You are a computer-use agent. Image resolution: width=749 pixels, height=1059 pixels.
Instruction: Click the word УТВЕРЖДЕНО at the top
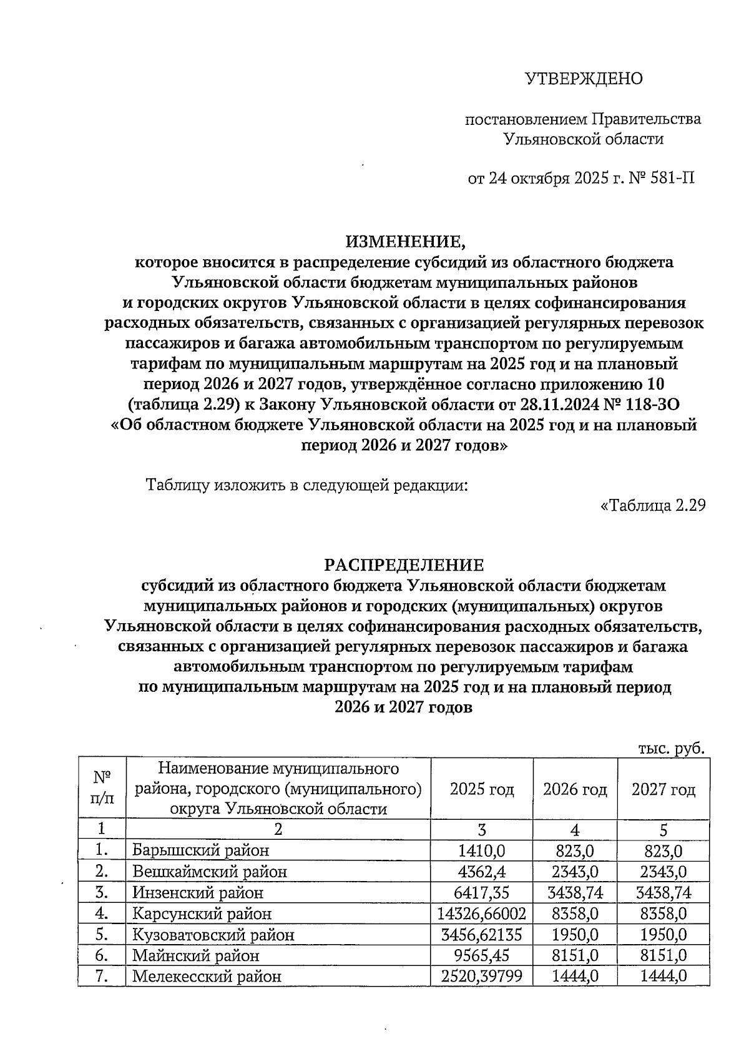[583, 79]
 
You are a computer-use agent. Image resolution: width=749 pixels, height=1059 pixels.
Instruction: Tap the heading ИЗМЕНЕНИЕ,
[406, 241]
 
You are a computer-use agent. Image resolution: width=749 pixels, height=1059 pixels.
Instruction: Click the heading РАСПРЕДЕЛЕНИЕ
[404, 565]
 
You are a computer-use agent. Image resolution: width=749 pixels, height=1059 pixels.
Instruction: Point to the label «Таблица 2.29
[652, 505]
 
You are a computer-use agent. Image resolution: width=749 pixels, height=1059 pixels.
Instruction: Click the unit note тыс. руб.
[672, 749]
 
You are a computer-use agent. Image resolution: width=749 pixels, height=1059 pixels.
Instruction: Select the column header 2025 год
[482, 789]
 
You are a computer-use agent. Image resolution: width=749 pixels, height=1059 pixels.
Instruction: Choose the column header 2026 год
[575, 789]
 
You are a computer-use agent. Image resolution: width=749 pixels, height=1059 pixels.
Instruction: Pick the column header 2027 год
[663, 789]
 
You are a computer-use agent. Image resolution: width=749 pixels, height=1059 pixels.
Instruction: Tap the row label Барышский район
[201, 850]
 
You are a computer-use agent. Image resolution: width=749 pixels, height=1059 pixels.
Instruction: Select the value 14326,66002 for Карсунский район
[482, 914]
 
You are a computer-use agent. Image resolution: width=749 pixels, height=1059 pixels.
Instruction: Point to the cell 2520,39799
[482, 976]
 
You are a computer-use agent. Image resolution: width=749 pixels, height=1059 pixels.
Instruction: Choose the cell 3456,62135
[482, 935]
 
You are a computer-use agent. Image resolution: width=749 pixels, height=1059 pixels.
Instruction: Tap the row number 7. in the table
[102, 976]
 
